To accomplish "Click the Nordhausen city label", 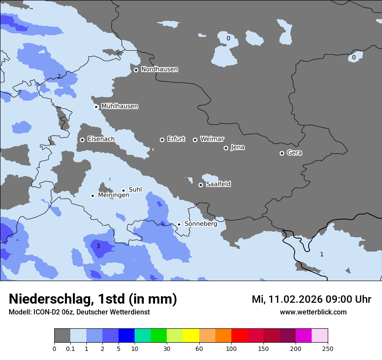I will point(159,69).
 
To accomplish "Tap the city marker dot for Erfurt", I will point(162,140).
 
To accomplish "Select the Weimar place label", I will point(212,139).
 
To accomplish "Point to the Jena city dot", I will point(226,148).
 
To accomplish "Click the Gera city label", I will point(294,153).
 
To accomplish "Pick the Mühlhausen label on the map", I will point(119,106).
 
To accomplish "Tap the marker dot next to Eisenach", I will point(82,140).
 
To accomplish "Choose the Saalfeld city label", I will point(218,184).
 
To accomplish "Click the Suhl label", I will point(135,190).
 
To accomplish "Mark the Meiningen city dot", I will point(92,196).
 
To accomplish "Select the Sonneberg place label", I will point(201,224).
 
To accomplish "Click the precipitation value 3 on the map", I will point(98,246).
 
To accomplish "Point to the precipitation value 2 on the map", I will point(59,77).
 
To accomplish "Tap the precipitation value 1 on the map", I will point(322,254).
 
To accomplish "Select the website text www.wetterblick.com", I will point(313,312).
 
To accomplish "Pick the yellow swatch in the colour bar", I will point(191,336).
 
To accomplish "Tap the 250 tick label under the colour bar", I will point(328,348).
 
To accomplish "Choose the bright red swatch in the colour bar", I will point(239,336).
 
